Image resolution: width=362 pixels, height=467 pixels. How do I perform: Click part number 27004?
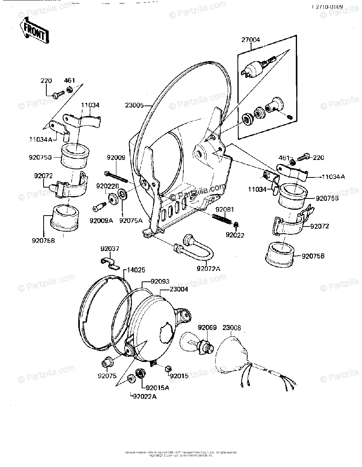[251, 39]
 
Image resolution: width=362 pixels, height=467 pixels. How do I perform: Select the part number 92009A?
[101, 221]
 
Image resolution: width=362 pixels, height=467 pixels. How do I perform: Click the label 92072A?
[209, 268]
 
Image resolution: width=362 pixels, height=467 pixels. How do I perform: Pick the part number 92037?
[110, 249]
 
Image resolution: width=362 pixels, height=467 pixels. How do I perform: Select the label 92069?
[207, 328]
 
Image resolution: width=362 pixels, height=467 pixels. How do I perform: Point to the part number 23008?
[231, 328]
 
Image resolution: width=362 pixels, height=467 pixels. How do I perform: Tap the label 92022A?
[145, 397]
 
